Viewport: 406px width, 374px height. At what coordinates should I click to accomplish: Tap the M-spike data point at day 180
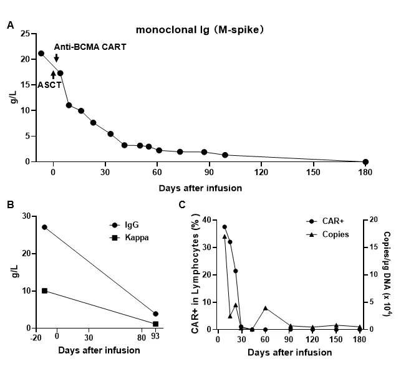click(365, 161)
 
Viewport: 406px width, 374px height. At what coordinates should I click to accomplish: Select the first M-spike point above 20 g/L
click(41, 54)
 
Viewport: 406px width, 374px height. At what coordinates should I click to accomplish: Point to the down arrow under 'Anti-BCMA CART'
click(57, 58)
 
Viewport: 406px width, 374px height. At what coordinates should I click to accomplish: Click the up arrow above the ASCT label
click(53, 75)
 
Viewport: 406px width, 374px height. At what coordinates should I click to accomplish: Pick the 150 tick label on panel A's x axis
click(313, 173)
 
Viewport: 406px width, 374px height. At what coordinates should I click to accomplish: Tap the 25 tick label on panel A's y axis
click(25, 33)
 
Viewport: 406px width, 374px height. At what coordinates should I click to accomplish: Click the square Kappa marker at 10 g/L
click(44, 291)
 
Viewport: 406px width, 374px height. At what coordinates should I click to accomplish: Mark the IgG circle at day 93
click(155, 314)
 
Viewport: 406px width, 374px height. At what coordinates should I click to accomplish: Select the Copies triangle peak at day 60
click(266, 308)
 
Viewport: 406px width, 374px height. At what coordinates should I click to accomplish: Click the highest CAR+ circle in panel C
click(225, 227)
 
